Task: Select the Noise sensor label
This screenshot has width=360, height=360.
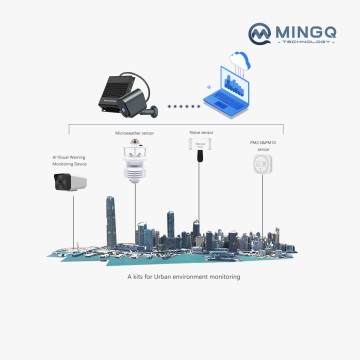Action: tap(200, 130)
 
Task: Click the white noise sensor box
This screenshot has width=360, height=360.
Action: tap(200, 146)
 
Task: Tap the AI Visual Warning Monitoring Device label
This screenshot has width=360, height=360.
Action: tap(69, 160)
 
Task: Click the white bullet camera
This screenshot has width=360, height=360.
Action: tap(70, 181)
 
